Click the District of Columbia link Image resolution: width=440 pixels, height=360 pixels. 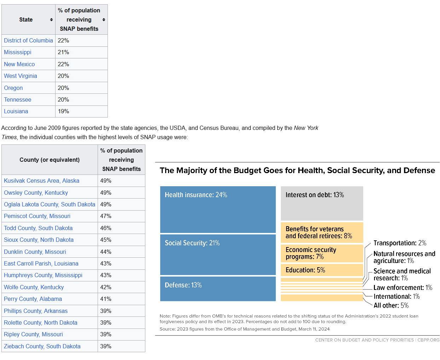28,40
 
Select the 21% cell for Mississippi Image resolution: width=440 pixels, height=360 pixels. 81,52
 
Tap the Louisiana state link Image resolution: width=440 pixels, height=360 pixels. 16,111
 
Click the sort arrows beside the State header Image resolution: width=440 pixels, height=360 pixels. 51,19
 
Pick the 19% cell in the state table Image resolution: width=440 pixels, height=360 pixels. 81,111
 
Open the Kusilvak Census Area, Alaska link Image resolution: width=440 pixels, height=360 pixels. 41,181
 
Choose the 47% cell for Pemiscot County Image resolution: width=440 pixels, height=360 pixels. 121,216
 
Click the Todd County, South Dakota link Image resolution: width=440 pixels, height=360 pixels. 38,228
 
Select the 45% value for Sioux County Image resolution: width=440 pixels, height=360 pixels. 121,240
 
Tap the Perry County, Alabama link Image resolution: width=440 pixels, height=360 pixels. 33,299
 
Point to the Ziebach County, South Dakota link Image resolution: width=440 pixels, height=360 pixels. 42,346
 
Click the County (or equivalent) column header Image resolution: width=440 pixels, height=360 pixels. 50,160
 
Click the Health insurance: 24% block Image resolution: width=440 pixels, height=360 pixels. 218,210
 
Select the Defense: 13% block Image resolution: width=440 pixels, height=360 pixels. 218,289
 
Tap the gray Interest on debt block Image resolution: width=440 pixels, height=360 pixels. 322,203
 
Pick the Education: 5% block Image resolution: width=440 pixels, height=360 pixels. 322,270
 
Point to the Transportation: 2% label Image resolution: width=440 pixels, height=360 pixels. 400,243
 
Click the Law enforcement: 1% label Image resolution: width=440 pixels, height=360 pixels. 403,287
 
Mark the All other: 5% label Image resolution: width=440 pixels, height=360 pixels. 391,305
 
